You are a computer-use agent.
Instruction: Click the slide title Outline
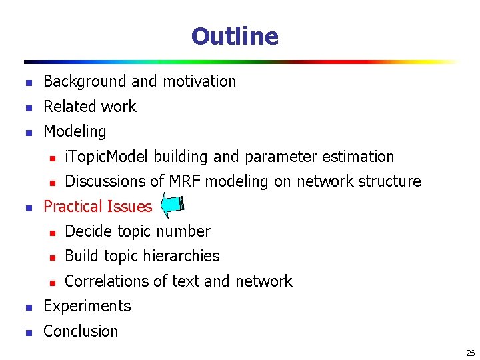(x=235, y=36)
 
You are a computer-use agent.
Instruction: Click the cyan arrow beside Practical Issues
(x=173, y=206)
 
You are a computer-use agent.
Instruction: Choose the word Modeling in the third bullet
(x=75, y=131)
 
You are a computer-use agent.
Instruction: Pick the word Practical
(x=70, y=207)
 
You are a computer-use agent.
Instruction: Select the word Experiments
(x=87, y=306)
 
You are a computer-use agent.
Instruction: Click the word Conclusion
(x=81, y=331)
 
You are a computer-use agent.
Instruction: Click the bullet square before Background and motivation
(x=27, y=83)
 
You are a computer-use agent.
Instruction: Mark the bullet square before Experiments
(x=27, y=307)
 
